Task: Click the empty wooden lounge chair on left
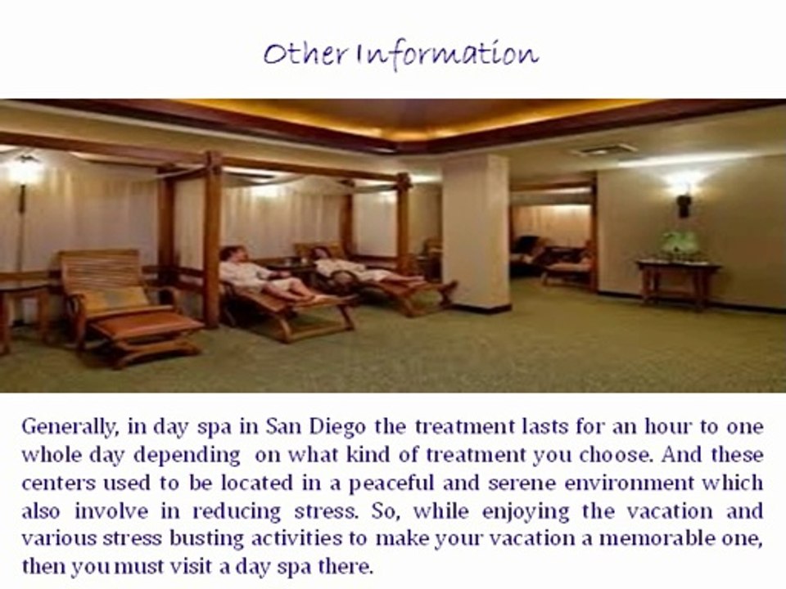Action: (123, 303)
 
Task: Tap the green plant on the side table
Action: (680, 244)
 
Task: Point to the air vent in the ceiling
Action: (604, 150)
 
